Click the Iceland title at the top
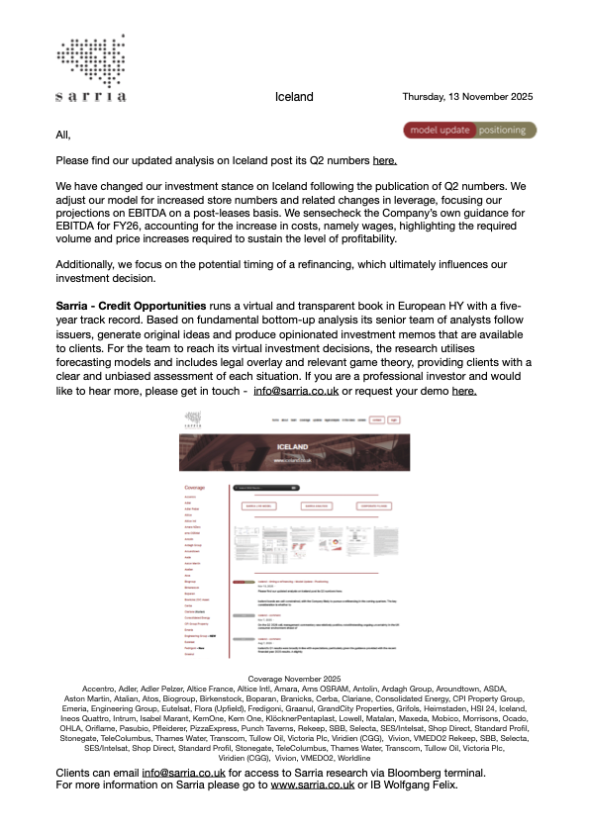pyautogui.click(x=294, y=97)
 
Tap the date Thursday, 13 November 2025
pyautogui.click(x=467, y=97)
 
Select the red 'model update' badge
pyautogui.click(x=440, y=130)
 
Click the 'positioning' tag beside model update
pyautogui.click(x=505, y=130)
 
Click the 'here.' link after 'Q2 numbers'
pyautogui.click(x=385, y=160)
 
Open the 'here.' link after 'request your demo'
pyautogui.click(x=464, y=391)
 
